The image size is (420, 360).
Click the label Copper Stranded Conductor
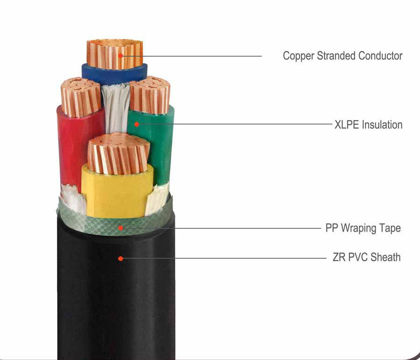point(343,56)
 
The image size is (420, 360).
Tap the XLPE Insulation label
point(368,125)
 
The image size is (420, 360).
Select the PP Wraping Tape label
point(363,228)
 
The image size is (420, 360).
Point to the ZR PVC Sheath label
point(366,257)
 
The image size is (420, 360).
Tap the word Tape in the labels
point(390,228)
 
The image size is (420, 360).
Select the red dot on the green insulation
point(136,124)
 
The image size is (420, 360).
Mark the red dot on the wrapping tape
point(121,228)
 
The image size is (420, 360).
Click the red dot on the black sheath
point(121,257)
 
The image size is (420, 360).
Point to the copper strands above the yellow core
point(119,154)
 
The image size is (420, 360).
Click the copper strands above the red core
point(81,97)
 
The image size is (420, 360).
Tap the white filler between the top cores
point(114,110)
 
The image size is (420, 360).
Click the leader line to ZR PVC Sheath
point(224,257)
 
